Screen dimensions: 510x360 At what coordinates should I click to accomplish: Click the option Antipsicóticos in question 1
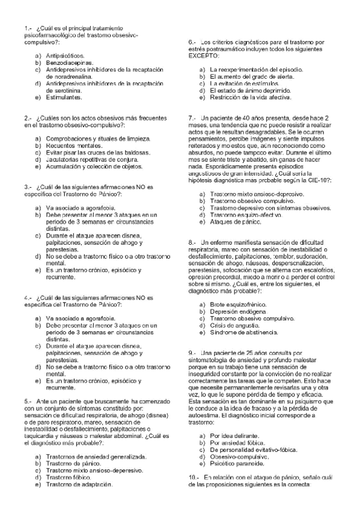click(x=66, y=55)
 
